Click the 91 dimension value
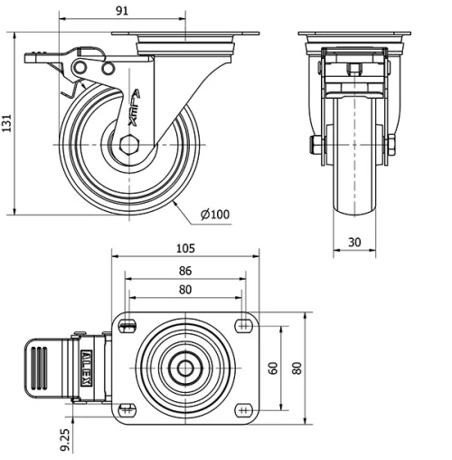coord(123,11)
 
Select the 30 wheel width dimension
coord(354,242)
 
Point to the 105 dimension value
coord(185,249)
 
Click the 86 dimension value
coord(184,271)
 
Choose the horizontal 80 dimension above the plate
coord(184,290)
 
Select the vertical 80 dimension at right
coord(296,369)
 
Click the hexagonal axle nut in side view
coord(128,144)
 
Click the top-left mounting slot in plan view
coord(127,325)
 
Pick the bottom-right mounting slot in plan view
coord(243,411)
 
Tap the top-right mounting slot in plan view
coord(243,325)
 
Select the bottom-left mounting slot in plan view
coord(127,411)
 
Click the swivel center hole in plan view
coord(185,369)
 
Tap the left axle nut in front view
coord(317,145)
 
